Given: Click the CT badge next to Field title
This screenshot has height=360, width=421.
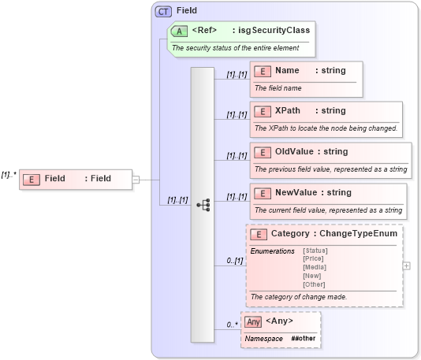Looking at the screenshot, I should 163,11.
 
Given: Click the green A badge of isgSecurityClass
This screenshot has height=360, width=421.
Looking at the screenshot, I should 179,31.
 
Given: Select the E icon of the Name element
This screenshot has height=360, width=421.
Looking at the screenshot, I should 263,71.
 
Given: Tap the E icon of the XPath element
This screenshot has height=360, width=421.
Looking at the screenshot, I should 263,111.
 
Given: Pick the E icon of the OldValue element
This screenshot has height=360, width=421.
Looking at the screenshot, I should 263,152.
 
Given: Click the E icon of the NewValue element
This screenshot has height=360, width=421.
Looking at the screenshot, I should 263,193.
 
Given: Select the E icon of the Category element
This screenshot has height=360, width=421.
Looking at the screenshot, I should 258,234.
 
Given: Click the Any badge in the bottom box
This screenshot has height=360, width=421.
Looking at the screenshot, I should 252,321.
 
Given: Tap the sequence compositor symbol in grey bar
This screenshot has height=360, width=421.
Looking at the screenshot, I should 203,205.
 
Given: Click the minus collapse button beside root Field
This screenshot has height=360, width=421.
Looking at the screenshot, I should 136,179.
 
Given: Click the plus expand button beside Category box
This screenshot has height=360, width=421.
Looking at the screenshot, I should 406,265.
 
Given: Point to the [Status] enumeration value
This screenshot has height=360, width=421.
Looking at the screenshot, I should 315,251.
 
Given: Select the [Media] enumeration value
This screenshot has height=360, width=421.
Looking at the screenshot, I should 315,267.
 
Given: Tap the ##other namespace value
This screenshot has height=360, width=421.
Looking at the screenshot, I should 304,338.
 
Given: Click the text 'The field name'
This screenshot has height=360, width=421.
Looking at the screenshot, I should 278,87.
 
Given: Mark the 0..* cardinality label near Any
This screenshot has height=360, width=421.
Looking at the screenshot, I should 232,324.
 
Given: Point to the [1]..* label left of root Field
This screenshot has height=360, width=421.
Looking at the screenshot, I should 9,174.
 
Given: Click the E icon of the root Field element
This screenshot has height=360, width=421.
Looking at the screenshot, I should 31,179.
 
